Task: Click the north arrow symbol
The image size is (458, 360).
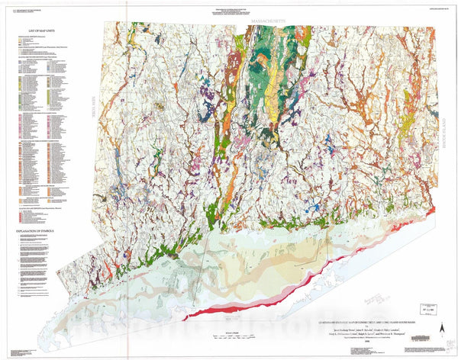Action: (x=442, y=327)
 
